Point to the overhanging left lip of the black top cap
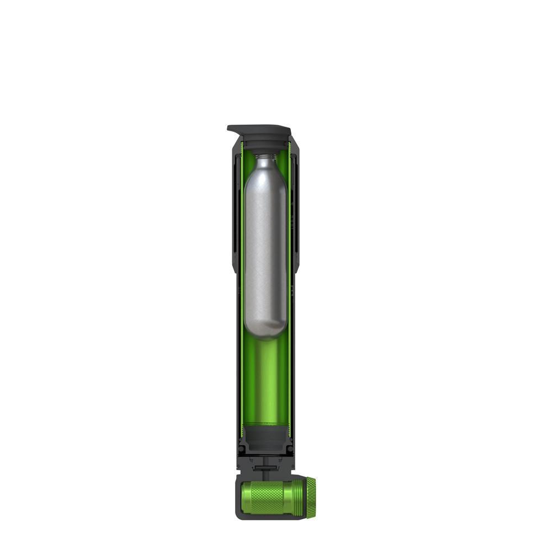(231, 129)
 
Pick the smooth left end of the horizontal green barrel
(248, 498)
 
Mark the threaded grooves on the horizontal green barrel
(296, 498)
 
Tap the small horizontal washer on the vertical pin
(266, 467)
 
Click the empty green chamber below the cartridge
(266, 381)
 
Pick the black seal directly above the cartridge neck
(266, 147)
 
